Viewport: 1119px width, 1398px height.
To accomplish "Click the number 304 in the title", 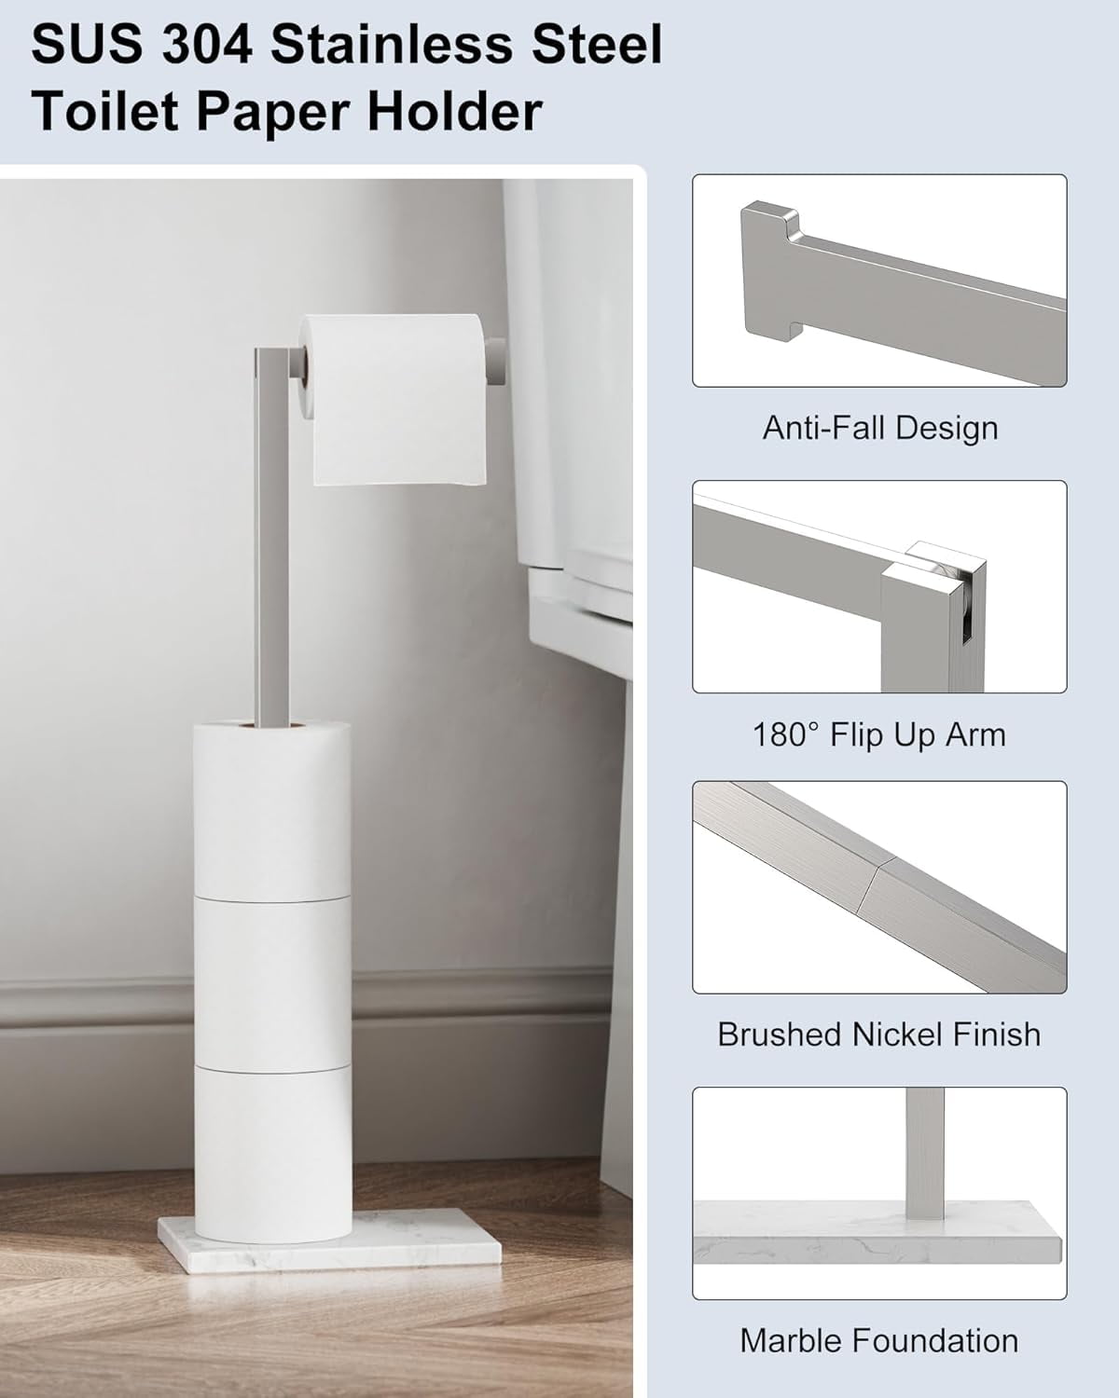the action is pos(207,45).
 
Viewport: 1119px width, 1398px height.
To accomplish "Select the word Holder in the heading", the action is pos(455,111).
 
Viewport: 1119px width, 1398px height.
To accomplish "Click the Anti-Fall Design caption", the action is pos(880,428).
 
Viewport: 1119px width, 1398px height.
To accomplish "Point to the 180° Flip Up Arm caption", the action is pos(879,734).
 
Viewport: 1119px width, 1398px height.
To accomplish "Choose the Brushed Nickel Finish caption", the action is pos(879,1034).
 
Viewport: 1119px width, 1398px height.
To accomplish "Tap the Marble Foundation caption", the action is pos(879,1340).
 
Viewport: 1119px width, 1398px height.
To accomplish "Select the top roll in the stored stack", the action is pos(271,810).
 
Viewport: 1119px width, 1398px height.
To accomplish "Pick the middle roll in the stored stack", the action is pos(272,983).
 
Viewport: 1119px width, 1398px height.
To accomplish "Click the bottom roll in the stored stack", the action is pos(274,1153).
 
